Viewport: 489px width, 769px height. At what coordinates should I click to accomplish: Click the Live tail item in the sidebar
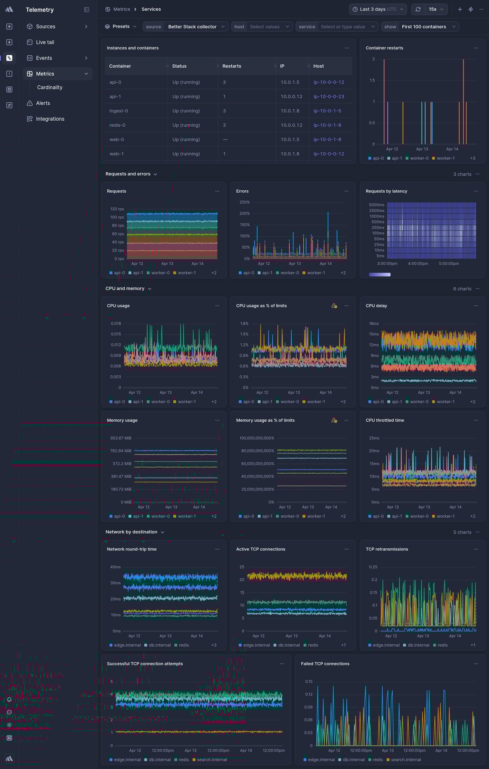pyautogui.click(x=45, y=42)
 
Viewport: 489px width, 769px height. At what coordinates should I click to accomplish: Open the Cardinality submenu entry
pyautogui.click(x=50, y=88)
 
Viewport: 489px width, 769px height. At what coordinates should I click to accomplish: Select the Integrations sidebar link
pyautogui.click(x=50, y=119)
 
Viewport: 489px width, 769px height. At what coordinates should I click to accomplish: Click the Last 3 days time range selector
pyautogui.click(x=378, y=9)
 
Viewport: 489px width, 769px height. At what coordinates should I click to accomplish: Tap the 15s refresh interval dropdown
pyautogui.click(x=436, y=9)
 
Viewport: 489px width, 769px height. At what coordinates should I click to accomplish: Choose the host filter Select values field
pyautogui.click(x=264, y=27)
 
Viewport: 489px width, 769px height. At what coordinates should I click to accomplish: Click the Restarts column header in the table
pyautogui.click(x=232, y=66)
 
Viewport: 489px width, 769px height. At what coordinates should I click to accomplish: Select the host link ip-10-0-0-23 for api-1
pyautogui.click(x=328, y=97)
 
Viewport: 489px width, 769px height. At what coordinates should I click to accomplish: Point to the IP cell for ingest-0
pyautogui.click(x=290, y=111)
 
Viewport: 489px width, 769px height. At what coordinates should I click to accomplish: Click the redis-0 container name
pyautogui.click(x=117, y=126)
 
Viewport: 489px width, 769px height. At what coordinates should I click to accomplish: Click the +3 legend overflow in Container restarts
pyautogui.click(x=472, y=159)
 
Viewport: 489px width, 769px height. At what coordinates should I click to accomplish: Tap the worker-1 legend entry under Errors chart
pyautogui.click(x=316, y=273)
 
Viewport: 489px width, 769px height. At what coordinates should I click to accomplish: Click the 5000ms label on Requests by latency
pyautogui.click(x=376, y=205)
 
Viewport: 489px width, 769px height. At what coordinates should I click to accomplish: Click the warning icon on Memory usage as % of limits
pyautogui.click(x=334, y=420)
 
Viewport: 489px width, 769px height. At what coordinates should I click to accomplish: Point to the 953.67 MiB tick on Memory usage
pyautogui.click(x=121, y=438)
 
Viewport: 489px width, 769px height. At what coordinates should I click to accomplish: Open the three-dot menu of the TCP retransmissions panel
pyautogui.click(x=476, y=550)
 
